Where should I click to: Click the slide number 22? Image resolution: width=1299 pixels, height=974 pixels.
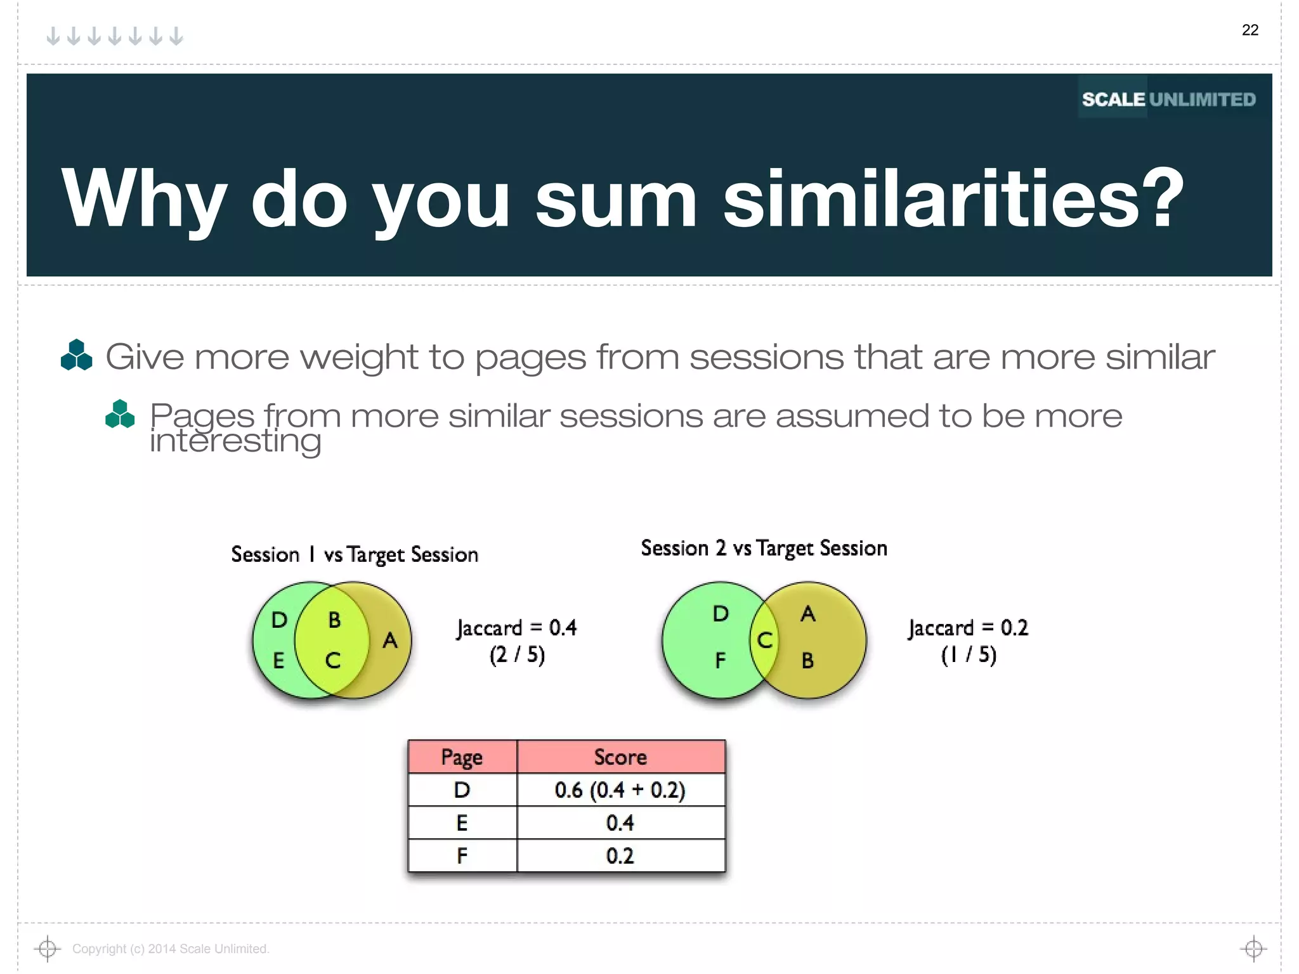(x=1250, y=30)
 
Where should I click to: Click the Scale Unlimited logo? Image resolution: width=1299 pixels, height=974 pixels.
(x=1168, y=100)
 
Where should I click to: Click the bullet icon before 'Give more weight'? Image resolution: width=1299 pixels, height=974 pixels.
(x=76, y=355)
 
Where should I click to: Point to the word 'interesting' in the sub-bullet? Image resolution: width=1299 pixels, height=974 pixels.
(x=235, y=441)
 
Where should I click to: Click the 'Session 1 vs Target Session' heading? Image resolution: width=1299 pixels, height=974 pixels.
(x=355, y=555)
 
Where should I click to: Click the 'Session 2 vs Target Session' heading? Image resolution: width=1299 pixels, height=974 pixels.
(x=764, y=549)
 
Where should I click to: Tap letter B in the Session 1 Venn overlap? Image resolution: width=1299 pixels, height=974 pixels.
(x=334, y=620)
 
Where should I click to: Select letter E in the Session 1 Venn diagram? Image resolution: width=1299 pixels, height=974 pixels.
(x=278, y=661)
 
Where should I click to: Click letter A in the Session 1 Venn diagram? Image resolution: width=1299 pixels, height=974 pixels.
(x=390, y=640)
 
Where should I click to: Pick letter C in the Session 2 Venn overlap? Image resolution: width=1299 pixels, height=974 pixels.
(x=765, y=640)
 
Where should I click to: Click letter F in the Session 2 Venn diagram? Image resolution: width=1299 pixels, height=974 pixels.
(x=720, y=661)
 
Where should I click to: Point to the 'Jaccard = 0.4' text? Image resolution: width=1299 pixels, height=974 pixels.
(x=517, y=628)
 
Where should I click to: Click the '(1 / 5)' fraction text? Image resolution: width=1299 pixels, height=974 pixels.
(x=969, y=654)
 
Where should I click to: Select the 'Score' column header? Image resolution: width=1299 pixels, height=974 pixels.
(x=620, y=757)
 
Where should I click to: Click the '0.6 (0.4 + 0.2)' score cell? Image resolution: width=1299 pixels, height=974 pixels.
(x=620, y=790)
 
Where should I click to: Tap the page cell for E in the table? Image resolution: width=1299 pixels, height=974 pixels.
(x=462, y=823)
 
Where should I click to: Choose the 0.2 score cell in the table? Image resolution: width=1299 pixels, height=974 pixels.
(x=620, y=856)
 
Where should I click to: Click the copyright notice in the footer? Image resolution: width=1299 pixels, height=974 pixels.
(x=171, y=949)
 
